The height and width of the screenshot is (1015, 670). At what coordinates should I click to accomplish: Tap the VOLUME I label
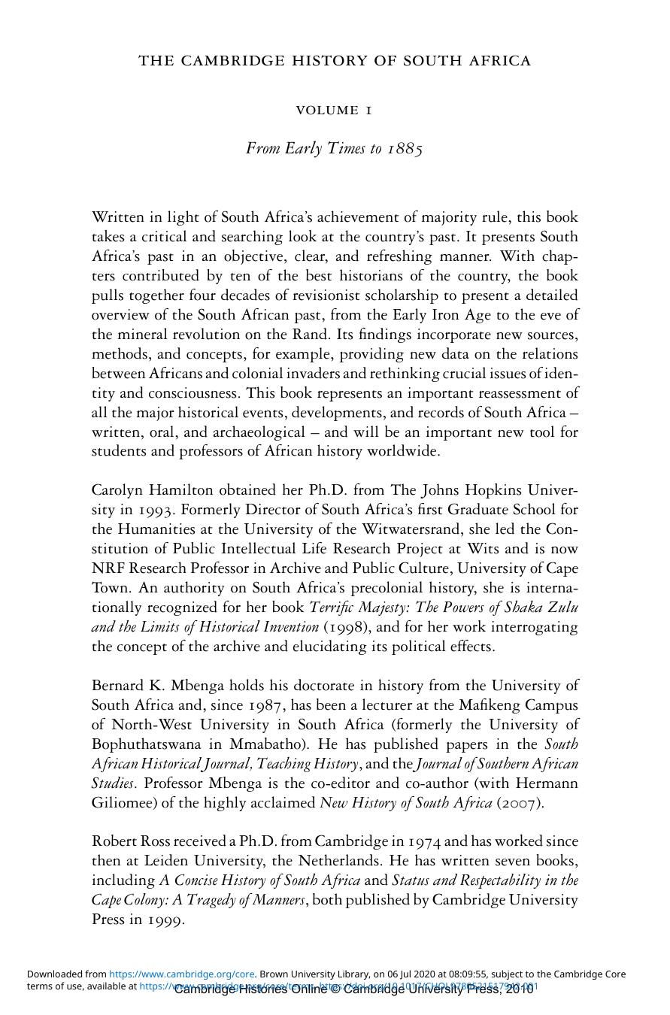[x=334, y=111]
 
